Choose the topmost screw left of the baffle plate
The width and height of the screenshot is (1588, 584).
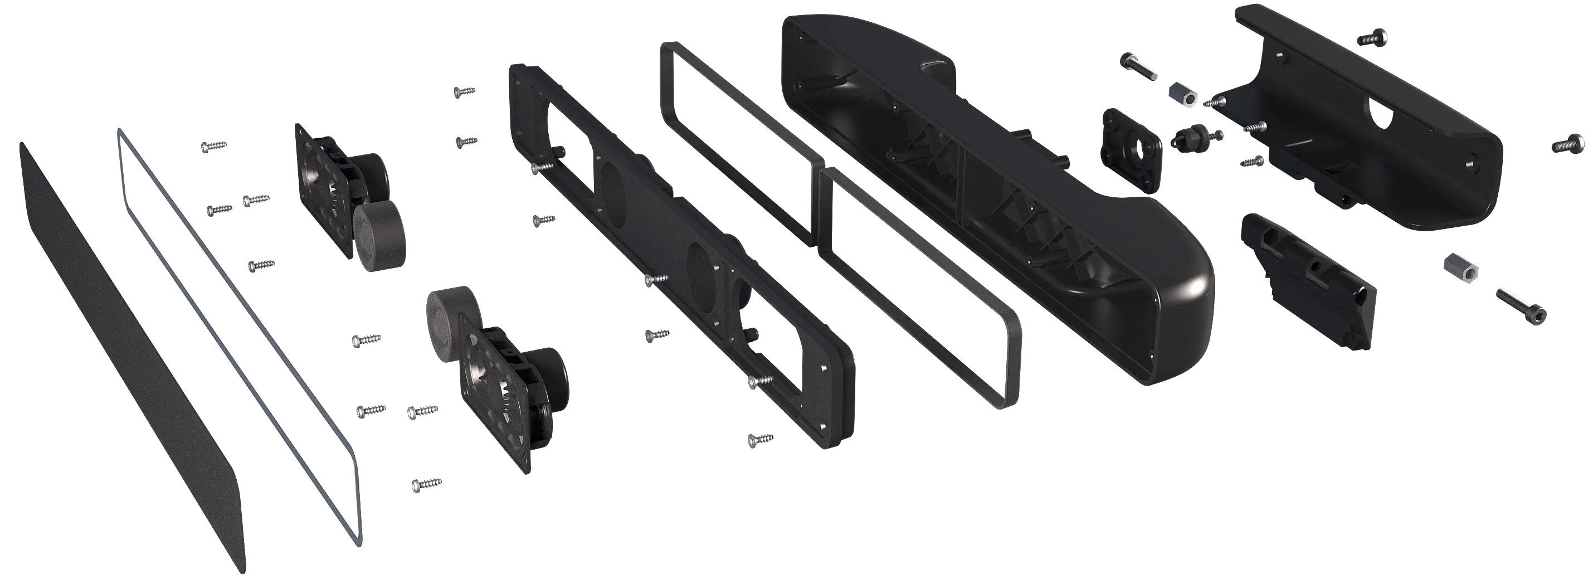tap(464, 91)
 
